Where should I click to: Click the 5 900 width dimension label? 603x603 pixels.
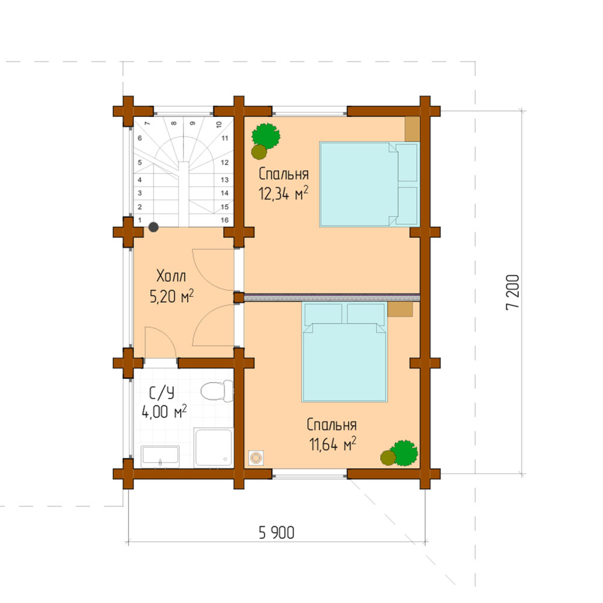click(x=276, y=533)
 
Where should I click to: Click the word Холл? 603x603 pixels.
click(x=171, y=276)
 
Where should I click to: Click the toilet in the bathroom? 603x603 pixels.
click(x=216, y=391)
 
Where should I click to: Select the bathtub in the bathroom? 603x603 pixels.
click(x=160, y=456)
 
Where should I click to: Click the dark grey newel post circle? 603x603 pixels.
click(x=153, y=227)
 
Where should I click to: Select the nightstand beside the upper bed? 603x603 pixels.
click(x=412, y=129)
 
